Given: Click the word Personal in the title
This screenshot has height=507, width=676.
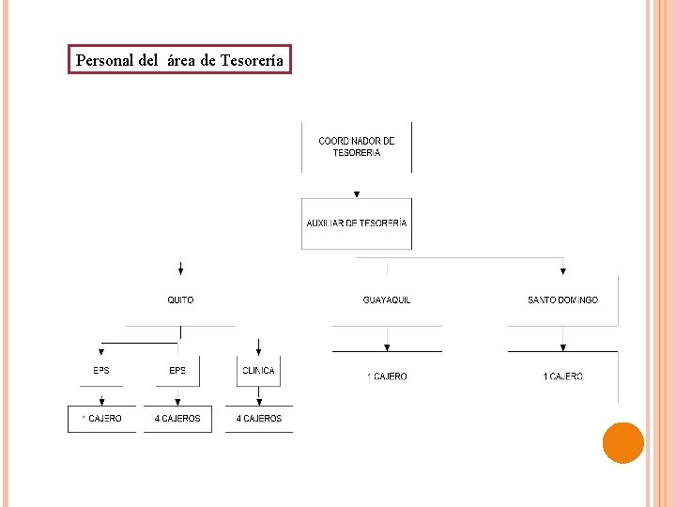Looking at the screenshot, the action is pos(104,61).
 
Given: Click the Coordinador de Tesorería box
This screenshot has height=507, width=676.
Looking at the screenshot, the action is pos(356,146).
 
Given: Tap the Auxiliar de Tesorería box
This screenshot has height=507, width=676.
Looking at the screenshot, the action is pos(357,223).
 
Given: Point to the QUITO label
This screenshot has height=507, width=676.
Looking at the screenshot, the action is pos(180,300).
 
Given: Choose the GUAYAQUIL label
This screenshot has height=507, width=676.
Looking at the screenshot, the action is pos(387,300).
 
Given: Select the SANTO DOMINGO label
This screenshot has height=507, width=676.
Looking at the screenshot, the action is pos(562,300).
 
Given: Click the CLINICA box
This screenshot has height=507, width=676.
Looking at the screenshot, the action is pos(258,371).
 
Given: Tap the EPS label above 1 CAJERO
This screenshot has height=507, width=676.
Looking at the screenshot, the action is pos(100,371).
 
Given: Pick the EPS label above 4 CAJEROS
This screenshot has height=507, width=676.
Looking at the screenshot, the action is pos(177,371).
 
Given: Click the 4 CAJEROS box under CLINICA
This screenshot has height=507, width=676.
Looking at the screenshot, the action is pos(258,419).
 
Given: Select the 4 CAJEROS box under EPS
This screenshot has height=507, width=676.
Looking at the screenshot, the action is pos(177,419).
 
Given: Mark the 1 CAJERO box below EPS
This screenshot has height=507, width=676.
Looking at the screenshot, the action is pos(101,419).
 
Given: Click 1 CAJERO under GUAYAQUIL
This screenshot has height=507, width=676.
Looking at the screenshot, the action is pos(387,376).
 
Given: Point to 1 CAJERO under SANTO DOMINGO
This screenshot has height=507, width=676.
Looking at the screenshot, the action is pos(562,376).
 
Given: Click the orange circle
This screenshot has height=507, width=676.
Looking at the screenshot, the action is pos(622,443).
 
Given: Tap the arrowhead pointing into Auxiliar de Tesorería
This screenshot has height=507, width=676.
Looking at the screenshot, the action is pos(357,194).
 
